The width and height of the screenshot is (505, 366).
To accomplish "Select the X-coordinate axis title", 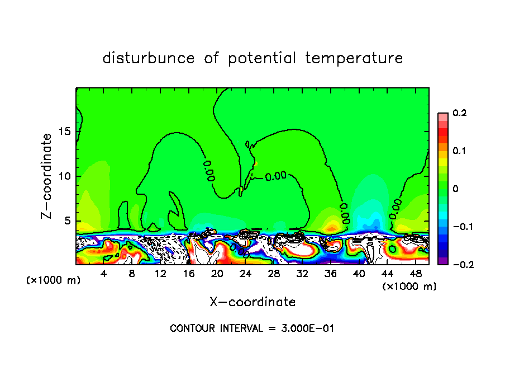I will click(x=252, y=302).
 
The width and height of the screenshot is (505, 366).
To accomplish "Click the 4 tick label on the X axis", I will click(x=104, y=274).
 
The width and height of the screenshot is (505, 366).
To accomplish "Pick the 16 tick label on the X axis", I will click(x=189, y=274).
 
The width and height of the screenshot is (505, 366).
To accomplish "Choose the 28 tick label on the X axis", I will click(x=274, y=274).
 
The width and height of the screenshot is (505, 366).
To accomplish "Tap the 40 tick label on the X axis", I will click(x=359, y=274).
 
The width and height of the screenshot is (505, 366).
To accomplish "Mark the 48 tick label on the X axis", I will click(x=415, y=274).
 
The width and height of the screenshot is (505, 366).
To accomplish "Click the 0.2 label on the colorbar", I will click(x=459, y=113).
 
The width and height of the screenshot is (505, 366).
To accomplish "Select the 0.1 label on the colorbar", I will click(x=459, y=151).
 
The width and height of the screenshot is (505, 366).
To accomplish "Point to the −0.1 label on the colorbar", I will click(x=460, y=227).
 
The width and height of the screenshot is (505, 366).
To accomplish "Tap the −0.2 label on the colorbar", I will click(x=460, y=264).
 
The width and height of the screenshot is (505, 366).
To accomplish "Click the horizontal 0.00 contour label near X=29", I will click(x=275, y=176).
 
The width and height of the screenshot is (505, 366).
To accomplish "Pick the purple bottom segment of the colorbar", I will click(x=442, y=261).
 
